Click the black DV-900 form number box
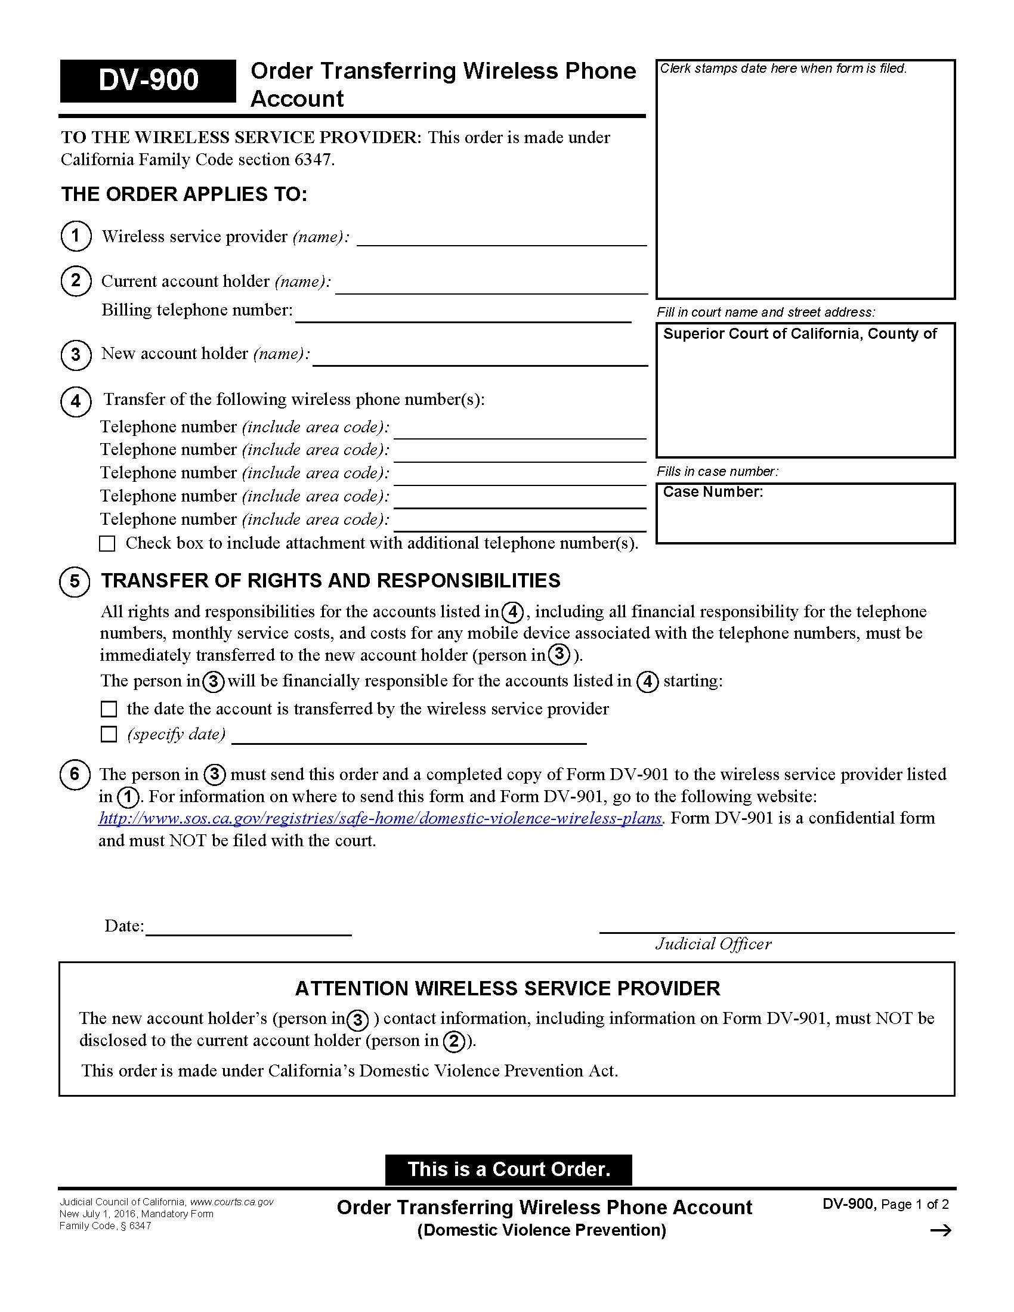click(x=148, y=81)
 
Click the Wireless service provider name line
click(x=501, y=239)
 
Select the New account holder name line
click(x=480, y=357)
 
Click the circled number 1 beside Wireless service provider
click(x=76, y=236)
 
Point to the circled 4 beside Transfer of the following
click(x=76, y=401)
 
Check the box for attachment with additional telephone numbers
click(x=107, y=544)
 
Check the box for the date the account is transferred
click(x=109, y=709)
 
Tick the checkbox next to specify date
click(x=109, y=734)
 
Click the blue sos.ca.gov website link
click(x=381, y=818)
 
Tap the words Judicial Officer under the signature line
click(x=713, y=945)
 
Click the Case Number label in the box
click(x=712, y=492)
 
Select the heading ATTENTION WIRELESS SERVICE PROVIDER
click(x=507, y=988)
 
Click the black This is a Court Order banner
click(x=508, y=1169)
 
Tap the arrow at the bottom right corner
click(x=940, y=1231)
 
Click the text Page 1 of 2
click(x=915, y=1205)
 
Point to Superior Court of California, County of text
click(x=799, y=334)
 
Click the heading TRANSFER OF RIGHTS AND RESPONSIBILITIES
click(x=330, y=580)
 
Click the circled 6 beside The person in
click(x=75, y=773)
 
